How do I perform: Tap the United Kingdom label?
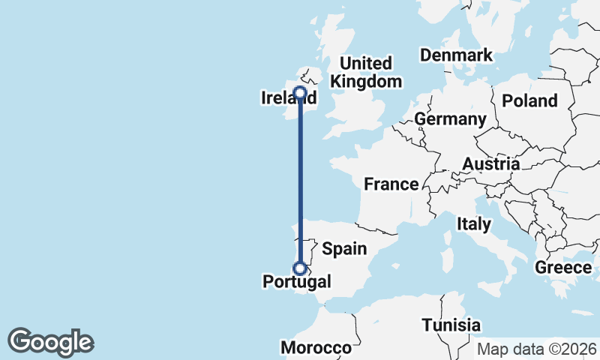click(x=366, y=73)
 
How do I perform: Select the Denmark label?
click(x=456, y=55)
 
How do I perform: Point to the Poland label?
click(x=530, y=101)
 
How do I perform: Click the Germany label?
click(x=450, y=119)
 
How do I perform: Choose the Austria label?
click(x=490, y=164)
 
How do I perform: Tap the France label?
click(x=391, y=184)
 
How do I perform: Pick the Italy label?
click(x=474, y=223)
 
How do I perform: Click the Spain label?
click(x=344, y=249)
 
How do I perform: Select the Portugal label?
click(x=297, y=283)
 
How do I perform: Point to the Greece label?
click(x=563, y=268)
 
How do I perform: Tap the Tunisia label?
click(x=451, y=325)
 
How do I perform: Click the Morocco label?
click(x=316, y=348)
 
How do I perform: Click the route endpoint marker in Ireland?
click(x=300, y=94)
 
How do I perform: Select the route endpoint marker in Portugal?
click(x=300, y=268)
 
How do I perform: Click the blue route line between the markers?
click(x=300, y=180)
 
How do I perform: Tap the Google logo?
click(x=51, y=342)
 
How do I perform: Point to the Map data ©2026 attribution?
click(x=536, y=349)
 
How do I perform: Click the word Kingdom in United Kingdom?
click(x=366, y=82)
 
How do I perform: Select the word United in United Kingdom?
click(x=366, y=63)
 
